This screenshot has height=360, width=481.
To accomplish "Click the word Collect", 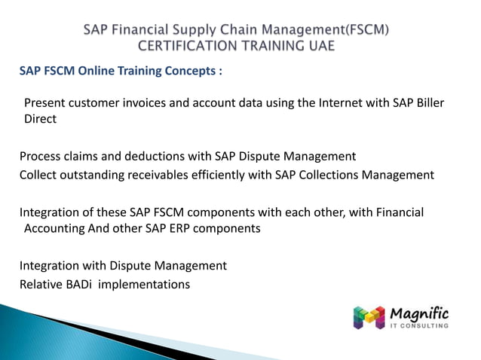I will (x=39, y=175).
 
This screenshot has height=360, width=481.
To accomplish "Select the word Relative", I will (x=42, y=285).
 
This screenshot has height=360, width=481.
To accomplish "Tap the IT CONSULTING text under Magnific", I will (x=419, y=326).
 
